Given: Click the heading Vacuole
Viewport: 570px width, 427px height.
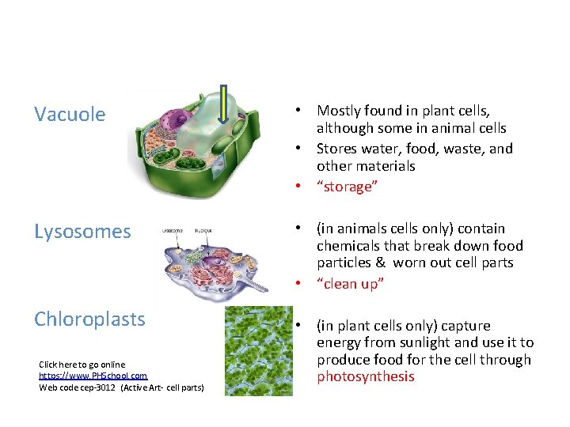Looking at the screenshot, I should tap(70, 115).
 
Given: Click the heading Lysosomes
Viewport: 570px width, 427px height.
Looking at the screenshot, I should tap(82, 232).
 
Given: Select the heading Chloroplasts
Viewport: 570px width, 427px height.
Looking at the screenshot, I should tap(89, 319).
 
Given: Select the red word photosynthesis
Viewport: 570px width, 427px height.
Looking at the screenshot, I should tap(365, 376).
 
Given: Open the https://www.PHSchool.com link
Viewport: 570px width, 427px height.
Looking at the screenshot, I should tap(93, 376).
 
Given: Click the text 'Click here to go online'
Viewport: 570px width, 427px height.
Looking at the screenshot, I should tap(82, 365).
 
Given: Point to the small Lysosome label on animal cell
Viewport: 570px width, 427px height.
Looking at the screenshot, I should tap(172, 231).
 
